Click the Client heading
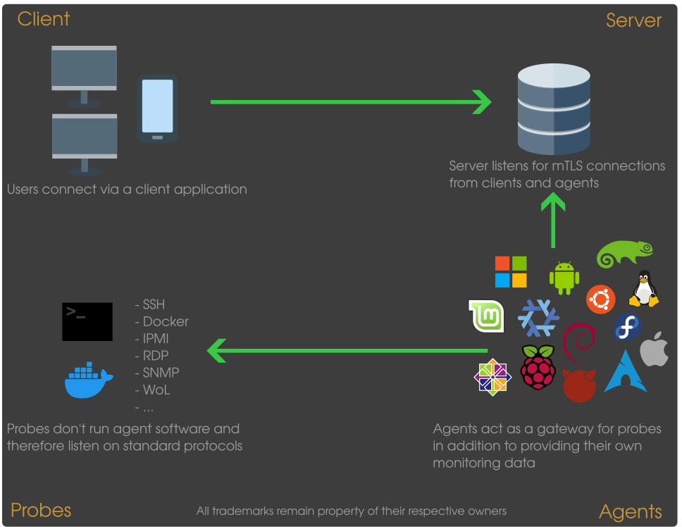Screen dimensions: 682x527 pos(44,19)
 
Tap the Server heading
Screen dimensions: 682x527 pos(633,20)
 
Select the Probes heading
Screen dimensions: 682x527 pos(41,510)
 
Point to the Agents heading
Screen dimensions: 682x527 pos(631,512)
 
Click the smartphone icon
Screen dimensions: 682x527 pos(157,108)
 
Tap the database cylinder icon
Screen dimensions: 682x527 pos(554,108)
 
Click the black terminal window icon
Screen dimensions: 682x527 pos(87,322)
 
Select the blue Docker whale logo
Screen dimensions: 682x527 pos(89,380)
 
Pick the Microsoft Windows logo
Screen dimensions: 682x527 pos(511,272)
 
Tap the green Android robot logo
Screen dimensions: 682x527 pos(564,278)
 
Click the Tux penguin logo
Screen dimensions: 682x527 pos(644,288)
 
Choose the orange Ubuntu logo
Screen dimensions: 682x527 pos(601,299)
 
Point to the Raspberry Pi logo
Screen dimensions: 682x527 pos(538,367)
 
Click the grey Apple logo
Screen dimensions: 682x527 pos(654,349)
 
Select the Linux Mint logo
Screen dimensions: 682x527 pos(486,316)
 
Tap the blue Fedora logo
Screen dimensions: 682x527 pos(627,326)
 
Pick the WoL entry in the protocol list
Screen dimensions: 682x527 pos(152,390)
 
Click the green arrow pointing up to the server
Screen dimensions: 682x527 pos(553,221)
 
